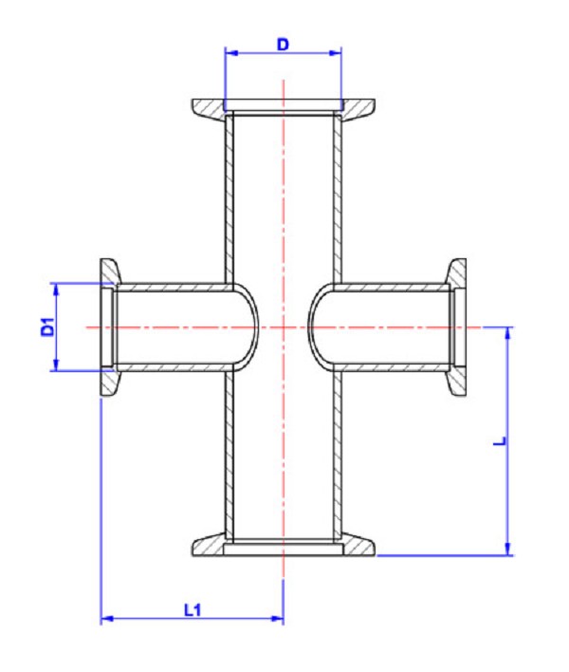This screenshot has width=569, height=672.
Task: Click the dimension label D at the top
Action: (x=283, y=44)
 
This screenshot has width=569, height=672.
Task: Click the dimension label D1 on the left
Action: (x=45, y=327)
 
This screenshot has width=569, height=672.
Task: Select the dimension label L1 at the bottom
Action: (x=193, y=609)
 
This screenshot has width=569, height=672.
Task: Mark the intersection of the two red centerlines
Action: (x=283, y=327)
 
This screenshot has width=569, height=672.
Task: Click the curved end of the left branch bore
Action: (x=254, y=327)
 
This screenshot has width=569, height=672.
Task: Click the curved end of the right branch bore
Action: (x=311, y=327)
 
